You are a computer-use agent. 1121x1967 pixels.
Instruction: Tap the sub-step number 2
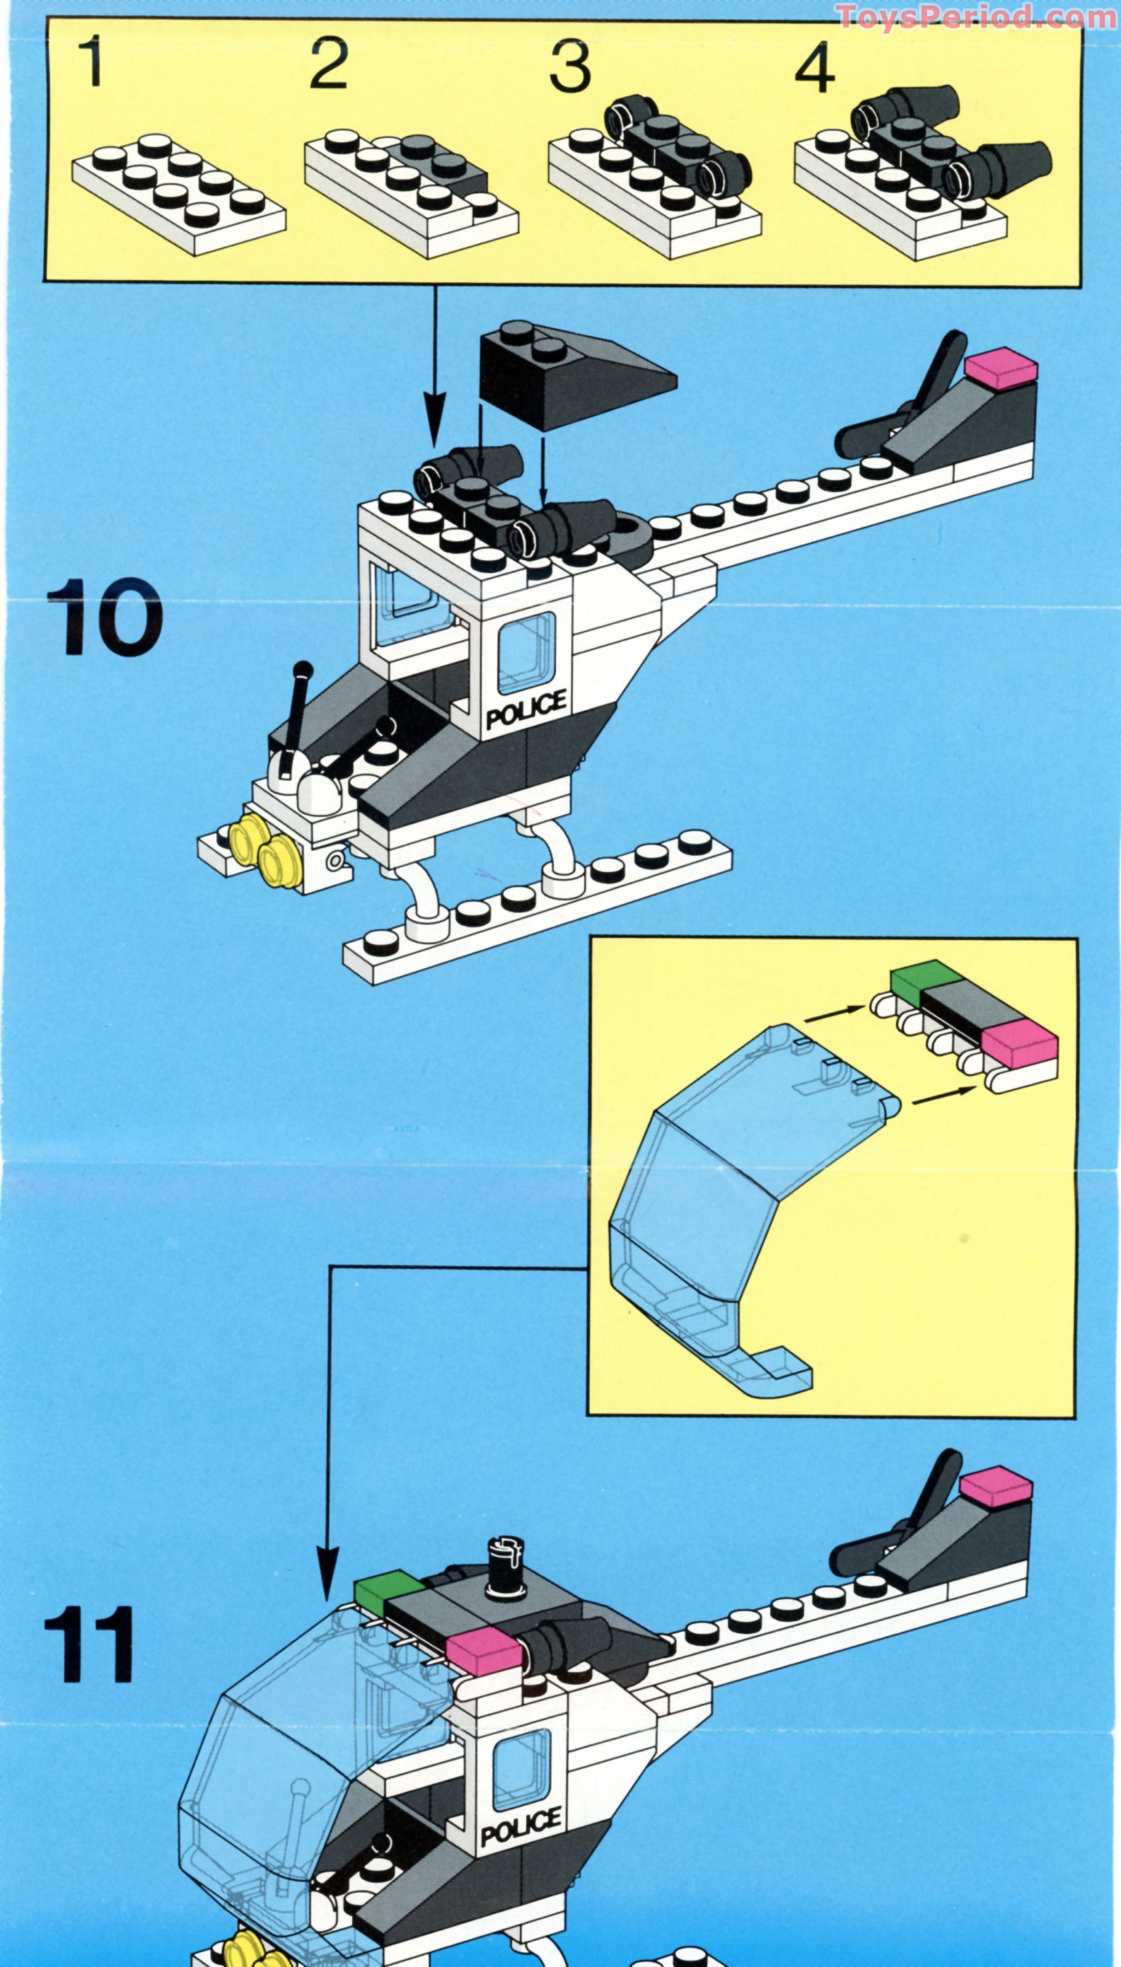[329, 62]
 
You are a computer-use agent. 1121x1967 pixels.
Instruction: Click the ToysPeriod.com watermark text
[976, 16]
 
